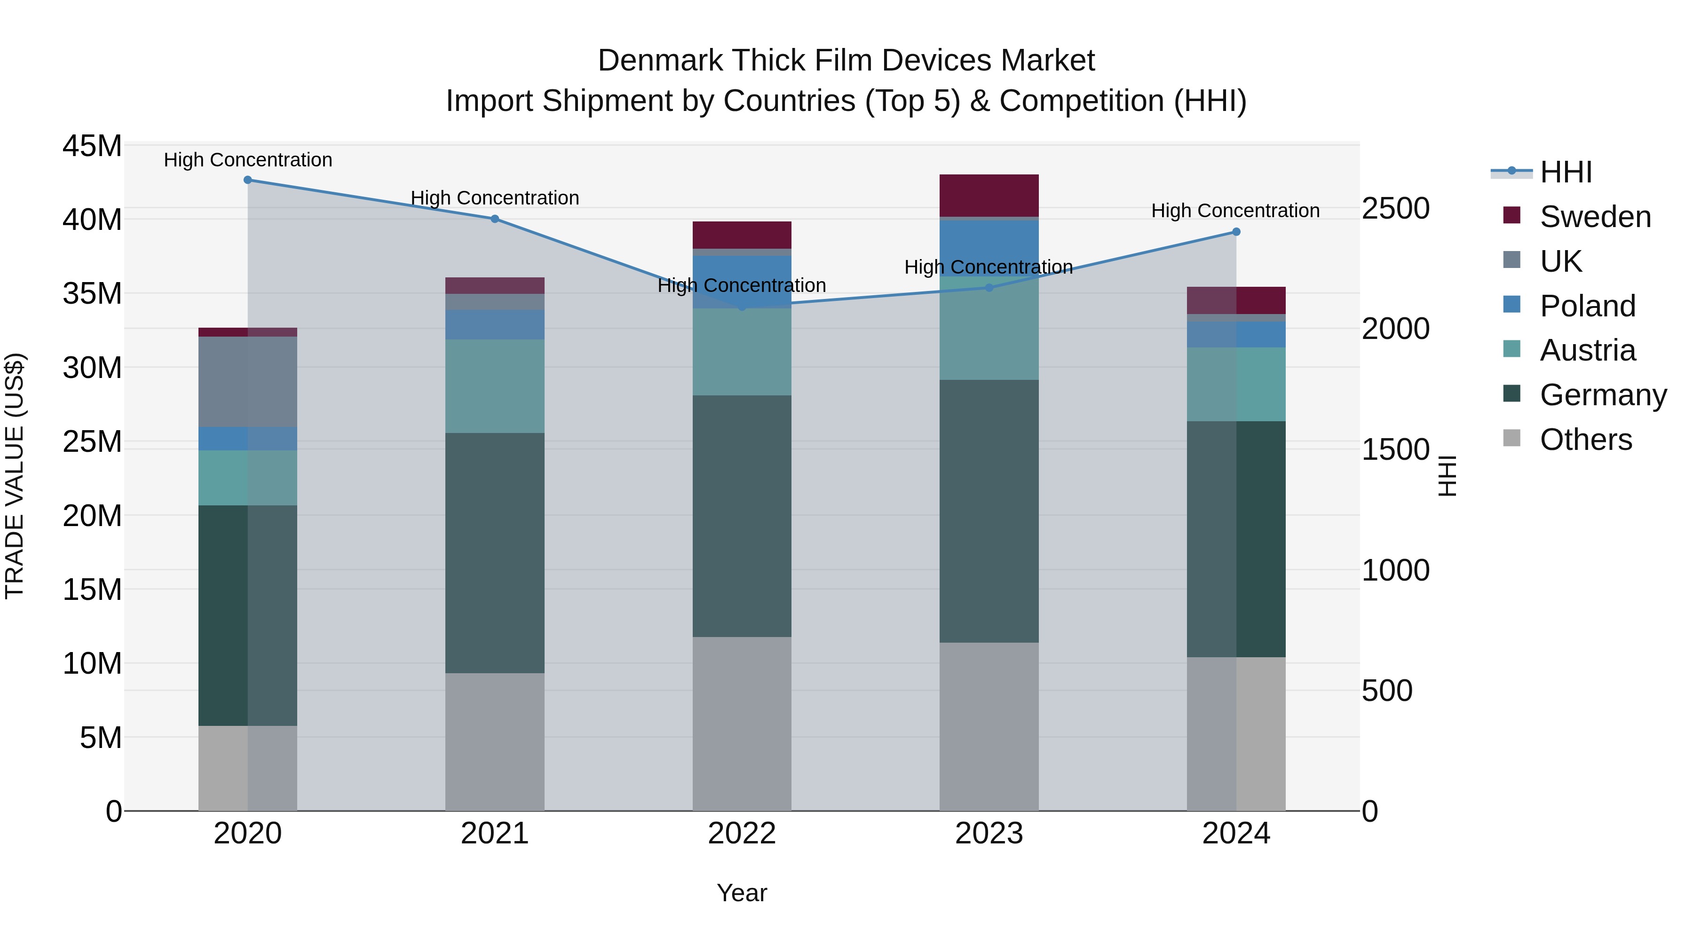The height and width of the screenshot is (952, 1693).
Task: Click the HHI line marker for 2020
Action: tap(248, 180)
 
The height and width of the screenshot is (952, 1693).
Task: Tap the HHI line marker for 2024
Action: tap(1235, 232)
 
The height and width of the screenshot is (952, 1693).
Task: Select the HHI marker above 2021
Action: tap(495, 219)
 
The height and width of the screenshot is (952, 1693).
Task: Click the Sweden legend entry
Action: tap(1595, 217)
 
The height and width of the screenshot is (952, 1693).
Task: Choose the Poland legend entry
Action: tap(1587, 306)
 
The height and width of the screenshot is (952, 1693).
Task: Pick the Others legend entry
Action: tap(1585, 440)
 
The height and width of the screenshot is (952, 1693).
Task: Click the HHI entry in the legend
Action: tap(1566, 172)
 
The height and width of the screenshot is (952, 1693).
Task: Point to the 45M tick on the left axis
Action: tap(92, 146)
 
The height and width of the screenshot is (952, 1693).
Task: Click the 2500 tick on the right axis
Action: tap(1395, 208)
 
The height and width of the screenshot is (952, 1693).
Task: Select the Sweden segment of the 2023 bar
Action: tap(989, 195)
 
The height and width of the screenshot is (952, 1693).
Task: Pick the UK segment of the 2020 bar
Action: tap(248, 382)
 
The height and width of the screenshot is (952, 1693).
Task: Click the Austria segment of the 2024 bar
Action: tap(1235, 385)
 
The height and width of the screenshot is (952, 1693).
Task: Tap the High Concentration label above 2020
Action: tap(248, 160)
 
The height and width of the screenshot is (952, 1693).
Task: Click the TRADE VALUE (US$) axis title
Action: tap(15, 476)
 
